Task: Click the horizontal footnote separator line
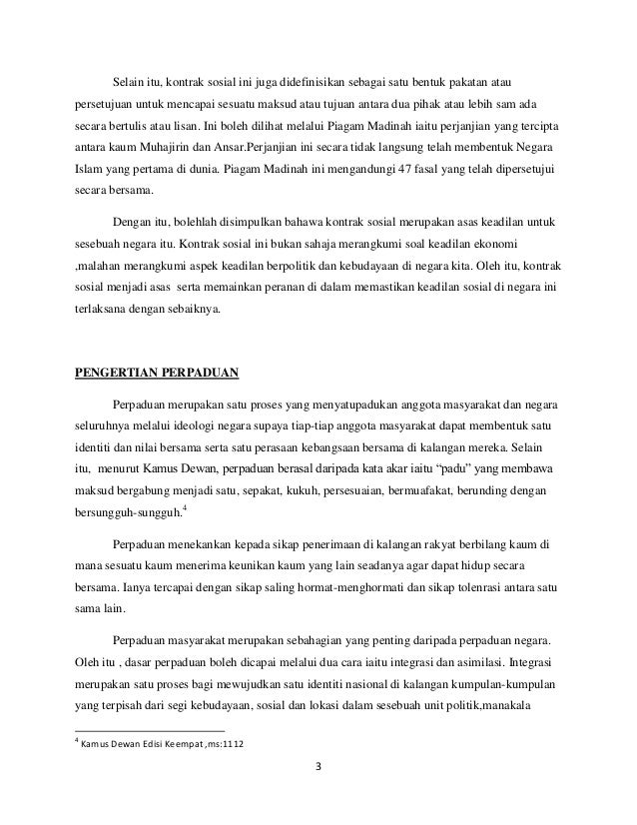(139, 730)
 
